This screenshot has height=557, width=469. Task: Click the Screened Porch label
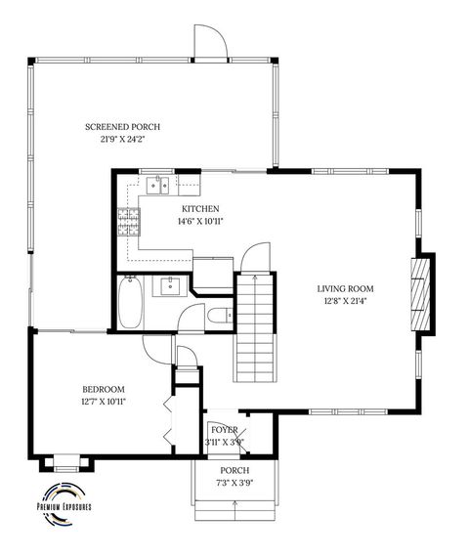122,127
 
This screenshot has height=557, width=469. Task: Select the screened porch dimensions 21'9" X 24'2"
122,140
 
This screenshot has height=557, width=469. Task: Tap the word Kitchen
200,208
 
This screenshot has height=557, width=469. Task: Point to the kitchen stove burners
127,222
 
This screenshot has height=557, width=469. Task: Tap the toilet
220,314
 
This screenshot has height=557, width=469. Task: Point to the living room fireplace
423,295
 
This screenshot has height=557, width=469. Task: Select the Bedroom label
104,388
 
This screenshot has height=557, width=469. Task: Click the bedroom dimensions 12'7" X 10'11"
104,401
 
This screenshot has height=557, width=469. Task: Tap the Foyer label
224,429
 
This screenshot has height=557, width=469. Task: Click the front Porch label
234,470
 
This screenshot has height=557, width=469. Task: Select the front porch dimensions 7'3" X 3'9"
234,482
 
